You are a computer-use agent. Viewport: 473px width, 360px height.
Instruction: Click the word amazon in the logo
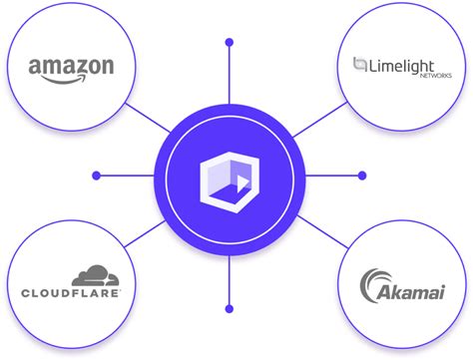coord(71,67)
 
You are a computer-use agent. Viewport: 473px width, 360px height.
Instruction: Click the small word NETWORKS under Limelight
coord(434,76)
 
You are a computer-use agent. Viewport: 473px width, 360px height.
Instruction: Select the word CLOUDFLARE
coord(71,293)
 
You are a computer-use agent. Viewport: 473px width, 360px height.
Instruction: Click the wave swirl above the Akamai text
coord(374,282)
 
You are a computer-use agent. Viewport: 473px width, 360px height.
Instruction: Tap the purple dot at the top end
coord(230,43)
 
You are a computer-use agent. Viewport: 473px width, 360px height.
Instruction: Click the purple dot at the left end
coord(96,176)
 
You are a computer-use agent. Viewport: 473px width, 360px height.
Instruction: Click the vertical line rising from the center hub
coord(230,80)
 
